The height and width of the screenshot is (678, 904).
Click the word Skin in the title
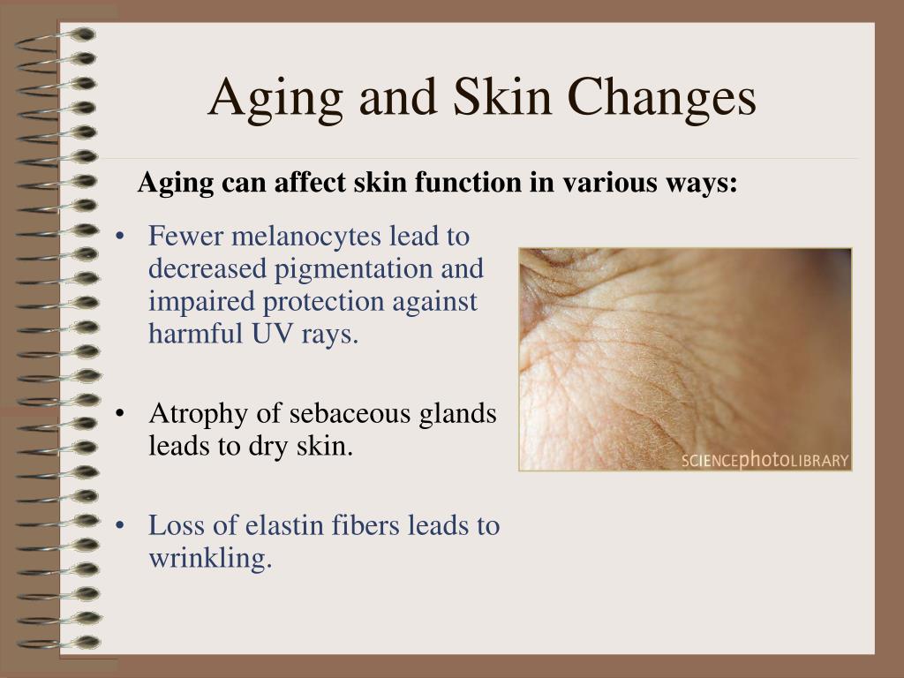[502, 97]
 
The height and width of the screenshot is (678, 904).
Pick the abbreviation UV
[273, 333]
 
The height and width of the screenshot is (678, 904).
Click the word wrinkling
[210, 559]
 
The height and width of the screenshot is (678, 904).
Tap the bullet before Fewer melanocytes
[120, 237]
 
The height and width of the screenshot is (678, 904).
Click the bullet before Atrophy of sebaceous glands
[120, 414]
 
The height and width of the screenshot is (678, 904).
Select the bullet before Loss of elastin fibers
[120, 526]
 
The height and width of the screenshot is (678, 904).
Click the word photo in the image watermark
[764, 459]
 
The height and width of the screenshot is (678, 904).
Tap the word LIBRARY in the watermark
[819, 461]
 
